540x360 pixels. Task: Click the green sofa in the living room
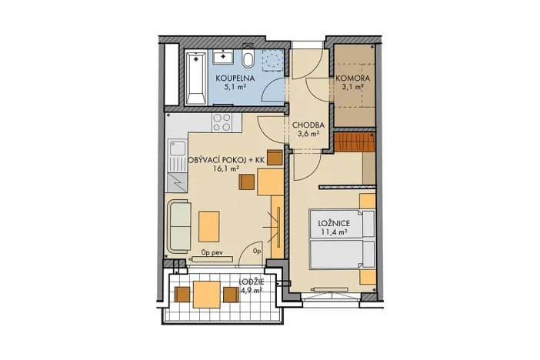coord(179,225)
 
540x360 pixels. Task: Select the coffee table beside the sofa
coord(209,225)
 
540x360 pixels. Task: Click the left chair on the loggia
coord(182,294)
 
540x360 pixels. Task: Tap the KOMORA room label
coord(353,78)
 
